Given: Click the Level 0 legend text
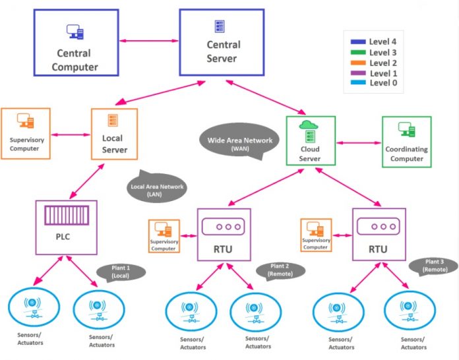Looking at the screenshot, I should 383,84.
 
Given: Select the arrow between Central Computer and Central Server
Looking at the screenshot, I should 150,42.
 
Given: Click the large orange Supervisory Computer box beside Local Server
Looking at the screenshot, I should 25,133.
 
